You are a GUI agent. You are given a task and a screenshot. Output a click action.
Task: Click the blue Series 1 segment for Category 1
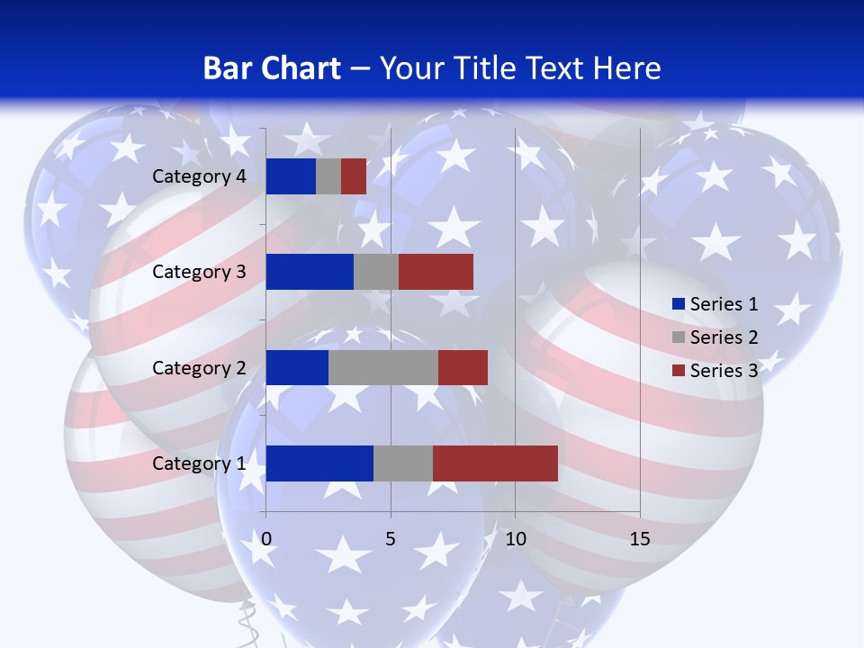[319, 463]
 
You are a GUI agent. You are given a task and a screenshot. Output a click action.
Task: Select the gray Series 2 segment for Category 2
[383, 367]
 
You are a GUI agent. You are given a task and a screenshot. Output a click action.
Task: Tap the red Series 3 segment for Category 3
[436, 272]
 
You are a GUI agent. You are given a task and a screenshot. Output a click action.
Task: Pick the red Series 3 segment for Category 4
[354, 176]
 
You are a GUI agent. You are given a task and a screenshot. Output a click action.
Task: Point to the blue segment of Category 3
[310, 272]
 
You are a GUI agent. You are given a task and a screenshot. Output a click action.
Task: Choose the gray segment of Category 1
[403, 463]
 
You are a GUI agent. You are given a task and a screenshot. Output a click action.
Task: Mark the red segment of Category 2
[463, 367]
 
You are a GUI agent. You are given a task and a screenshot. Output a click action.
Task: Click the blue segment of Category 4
[291, 176]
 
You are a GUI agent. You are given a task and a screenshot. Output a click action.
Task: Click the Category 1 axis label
[199, 463]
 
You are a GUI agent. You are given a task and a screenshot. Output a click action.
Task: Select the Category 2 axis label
[199, 368]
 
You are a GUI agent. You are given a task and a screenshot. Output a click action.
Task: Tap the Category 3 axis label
[199, 272]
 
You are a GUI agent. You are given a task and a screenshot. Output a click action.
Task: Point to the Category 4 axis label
[199, 176]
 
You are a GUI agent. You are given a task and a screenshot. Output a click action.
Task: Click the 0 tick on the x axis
[266, 539]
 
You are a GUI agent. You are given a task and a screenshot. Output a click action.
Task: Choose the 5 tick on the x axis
[391, 539]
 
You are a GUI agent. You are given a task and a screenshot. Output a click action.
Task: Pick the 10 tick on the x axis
[515, 539]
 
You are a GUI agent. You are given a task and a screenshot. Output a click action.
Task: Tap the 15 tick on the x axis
[640, 539]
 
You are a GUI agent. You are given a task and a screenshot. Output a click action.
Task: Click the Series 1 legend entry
[715, 304]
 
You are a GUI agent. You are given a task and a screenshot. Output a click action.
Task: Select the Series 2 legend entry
[715, 337]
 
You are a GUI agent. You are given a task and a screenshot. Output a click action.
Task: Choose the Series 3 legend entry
[715, 371]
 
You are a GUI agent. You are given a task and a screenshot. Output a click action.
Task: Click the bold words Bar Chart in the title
[272, 68]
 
